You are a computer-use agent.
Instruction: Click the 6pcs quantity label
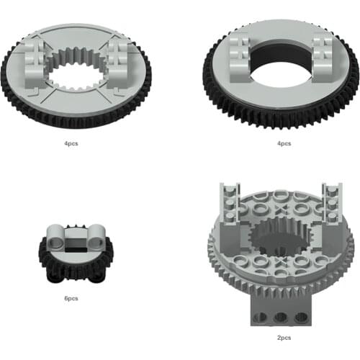click(71, 298)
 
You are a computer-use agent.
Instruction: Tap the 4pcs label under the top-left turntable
click(71, 143)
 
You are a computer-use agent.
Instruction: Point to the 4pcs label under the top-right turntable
click(284, 143)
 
